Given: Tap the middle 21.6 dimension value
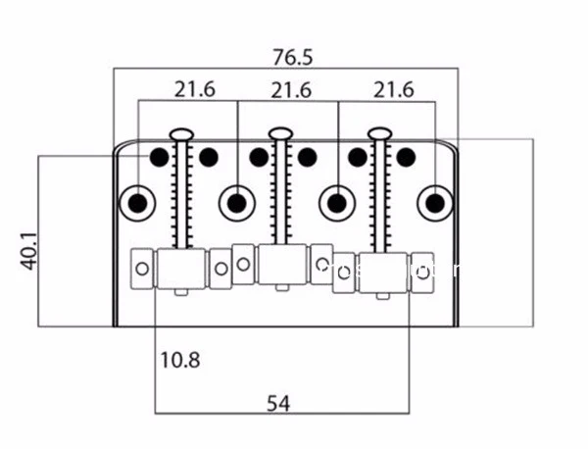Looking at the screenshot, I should (291, 89).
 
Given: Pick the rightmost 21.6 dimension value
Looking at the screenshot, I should (393, 89).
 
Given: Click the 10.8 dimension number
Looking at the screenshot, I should (179, 360).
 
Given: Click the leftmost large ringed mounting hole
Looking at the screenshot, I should (137, 203).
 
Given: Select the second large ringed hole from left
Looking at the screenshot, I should (235, 203).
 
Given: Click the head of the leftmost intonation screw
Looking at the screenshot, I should (181, 132).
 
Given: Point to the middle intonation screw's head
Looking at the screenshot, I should (281, 132).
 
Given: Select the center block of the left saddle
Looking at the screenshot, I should (181, 268).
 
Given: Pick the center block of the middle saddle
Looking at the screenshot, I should (281, 264).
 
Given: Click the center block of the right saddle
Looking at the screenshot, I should (381, 273).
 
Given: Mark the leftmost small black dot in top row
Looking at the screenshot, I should (157, 155).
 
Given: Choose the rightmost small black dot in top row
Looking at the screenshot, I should (406, 155).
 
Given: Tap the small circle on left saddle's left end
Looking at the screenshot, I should (143, 268).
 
